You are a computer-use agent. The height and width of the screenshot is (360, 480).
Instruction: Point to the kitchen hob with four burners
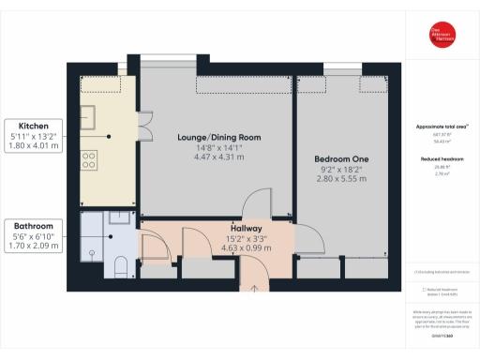coord(92,160)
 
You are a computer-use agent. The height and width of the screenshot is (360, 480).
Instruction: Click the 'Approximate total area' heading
coord(435,127)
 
